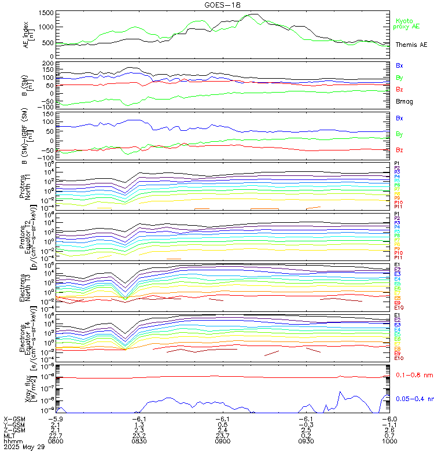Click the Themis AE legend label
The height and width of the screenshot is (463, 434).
(x=411, y=45)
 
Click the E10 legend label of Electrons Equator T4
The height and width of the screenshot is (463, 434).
(x=399, y=358)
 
